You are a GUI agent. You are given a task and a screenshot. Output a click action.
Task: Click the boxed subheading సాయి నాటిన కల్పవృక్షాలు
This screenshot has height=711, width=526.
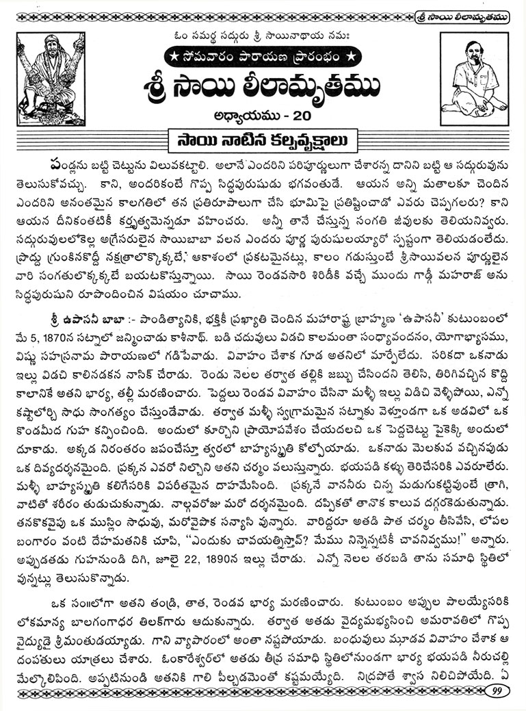pyautogui.click(x=263, y=141)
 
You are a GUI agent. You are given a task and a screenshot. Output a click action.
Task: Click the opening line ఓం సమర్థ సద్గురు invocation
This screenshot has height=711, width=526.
pyautogui.click(x=263, y=35)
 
